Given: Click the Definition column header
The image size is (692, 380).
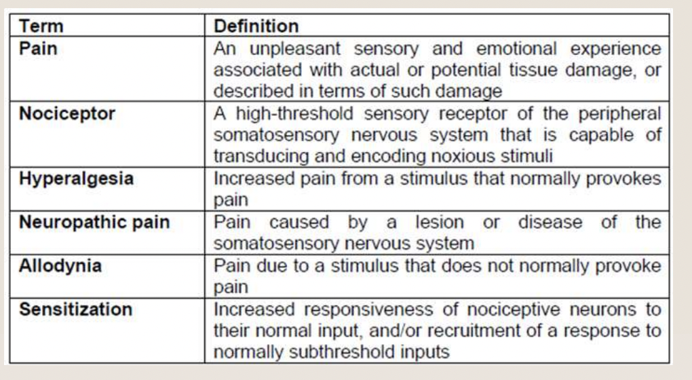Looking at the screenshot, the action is [x=256, y=26].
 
